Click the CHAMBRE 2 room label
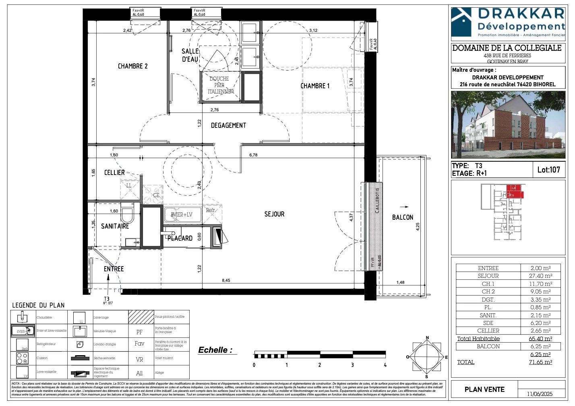click(132, 66)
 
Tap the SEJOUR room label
click(274, 214)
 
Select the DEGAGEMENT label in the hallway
click(228, 125)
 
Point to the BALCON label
click(403, 217)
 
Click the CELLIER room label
click(114, 173)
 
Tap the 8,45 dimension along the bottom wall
click(226, 281)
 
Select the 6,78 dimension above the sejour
click(253, 155)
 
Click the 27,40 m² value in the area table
click(540, 276)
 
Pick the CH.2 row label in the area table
click(488, 291)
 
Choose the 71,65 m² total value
click(540, 362)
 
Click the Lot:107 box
click(548, 170)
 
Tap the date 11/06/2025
click(540, 394)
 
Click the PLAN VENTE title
click(484, 389)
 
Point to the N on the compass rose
click(427, 338)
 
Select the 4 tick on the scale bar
click(385, 365)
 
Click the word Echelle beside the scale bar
click(215, 350)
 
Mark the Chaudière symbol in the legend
click(23, 317)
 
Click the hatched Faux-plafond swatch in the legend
click(141, 317)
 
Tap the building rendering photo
click(508, 125)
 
